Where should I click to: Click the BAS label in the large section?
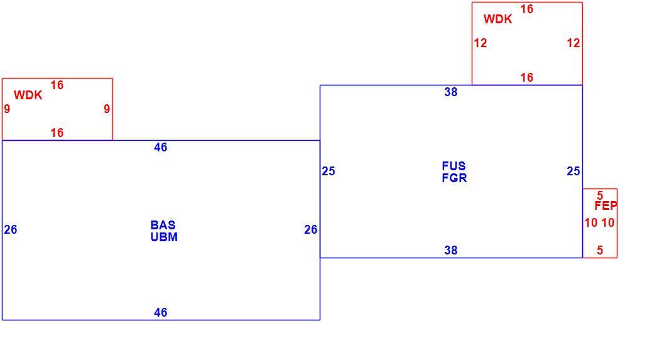(x=163, y=225)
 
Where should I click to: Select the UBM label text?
(x=164, y=237)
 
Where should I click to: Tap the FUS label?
(x=454, y=166)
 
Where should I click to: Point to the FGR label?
(x=454, y=178)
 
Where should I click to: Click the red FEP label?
(x=606, y=205)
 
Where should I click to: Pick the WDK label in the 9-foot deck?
(x=28, y=95)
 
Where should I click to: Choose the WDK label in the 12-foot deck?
(x=497, y=19)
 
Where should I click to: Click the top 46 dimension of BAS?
(x=161, y=148)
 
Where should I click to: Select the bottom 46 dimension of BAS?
(x=161, y=312)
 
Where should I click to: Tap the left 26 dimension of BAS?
(x=11, y=229)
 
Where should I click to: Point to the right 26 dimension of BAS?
(x=311, y=229)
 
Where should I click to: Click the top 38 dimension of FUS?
(x=451, y=92)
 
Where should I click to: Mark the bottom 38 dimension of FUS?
(x=451, y=250)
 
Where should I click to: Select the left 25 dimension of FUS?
(x=329, y=171)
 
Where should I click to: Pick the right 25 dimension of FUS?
(x=573, y=171)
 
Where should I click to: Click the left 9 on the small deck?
(x=7, y=109)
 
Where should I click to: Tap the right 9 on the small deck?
(x=107, y=109)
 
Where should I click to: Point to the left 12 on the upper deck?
(x=481, y=43)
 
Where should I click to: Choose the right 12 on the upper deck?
(x=573, y=43)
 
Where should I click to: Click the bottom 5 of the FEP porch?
(x=600, y=250)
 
